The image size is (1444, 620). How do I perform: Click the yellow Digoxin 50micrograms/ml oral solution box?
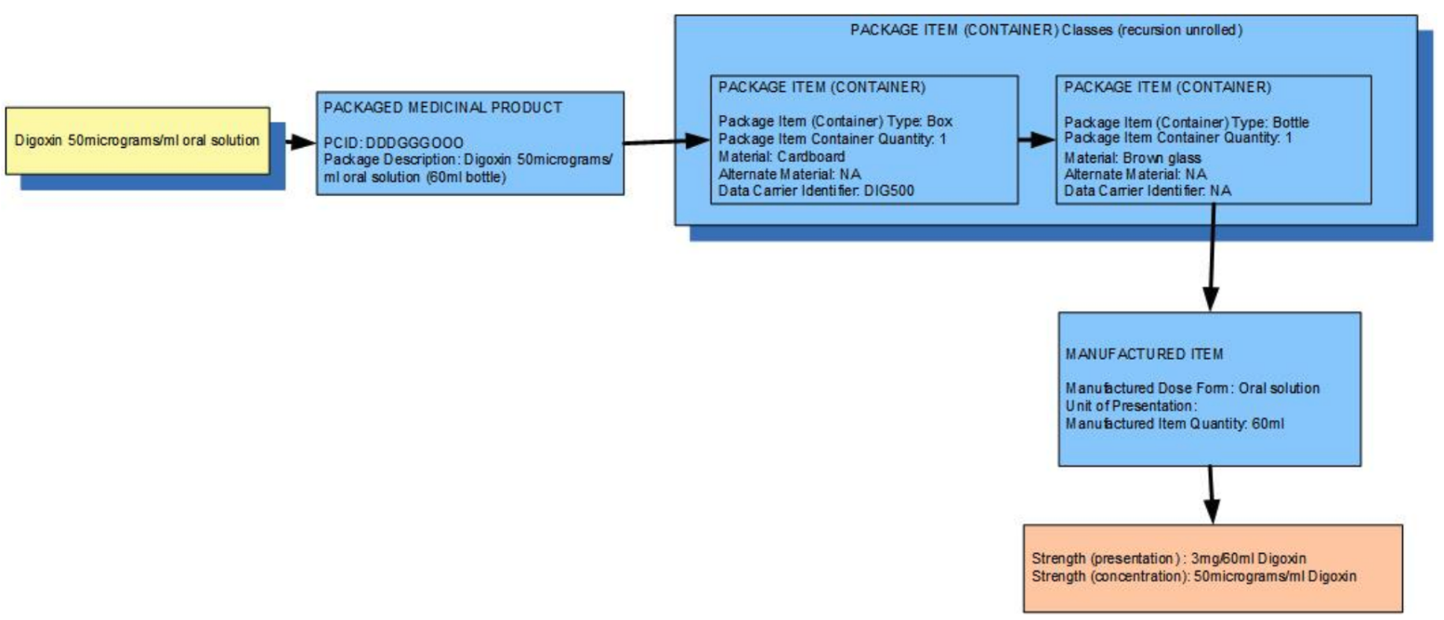click(138, 140)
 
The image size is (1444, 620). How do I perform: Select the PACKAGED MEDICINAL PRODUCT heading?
click(442, 107)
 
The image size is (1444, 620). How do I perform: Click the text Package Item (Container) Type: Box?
click(836, 121)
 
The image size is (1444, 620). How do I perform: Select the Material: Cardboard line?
click(782, 156)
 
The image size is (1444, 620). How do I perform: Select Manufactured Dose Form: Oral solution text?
click(1192, 388)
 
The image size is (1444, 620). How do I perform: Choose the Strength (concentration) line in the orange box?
click(1194, 576)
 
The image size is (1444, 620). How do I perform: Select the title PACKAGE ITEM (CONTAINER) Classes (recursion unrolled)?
click(1046, 30)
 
